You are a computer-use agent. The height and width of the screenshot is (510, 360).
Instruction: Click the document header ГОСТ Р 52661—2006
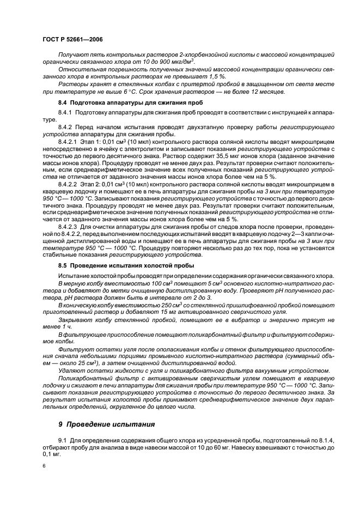click(72, 40)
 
